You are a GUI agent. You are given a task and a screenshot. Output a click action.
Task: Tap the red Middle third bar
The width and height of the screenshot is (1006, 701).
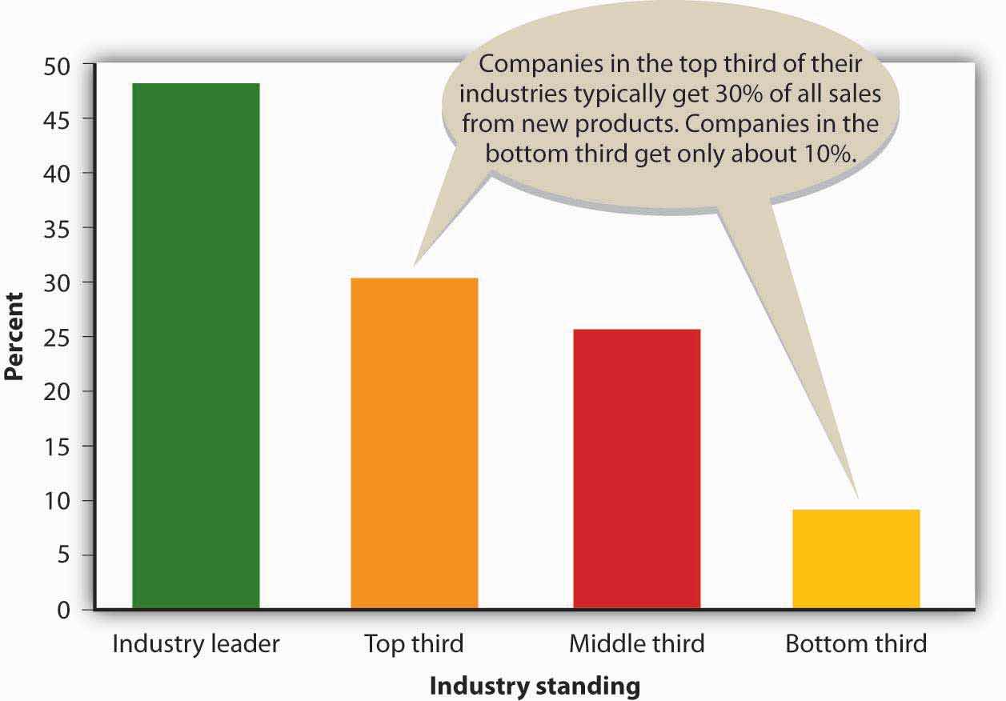636,469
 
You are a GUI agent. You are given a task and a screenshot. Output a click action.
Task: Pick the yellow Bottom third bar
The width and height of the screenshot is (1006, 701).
856,559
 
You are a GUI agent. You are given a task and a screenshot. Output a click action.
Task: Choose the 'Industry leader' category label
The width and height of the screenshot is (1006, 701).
196,644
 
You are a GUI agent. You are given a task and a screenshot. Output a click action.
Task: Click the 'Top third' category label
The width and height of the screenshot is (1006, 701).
414,644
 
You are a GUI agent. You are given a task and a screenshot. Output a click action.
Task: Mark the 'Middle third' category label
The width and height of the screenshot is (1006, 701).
636,644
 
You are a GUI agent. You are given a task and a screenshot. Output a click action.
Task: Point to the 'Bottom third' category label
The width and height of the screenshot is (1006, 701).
856,644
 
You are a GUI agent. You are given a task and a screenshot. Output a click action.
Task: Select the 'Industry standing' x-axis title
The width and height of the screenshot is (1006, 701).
535,687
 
